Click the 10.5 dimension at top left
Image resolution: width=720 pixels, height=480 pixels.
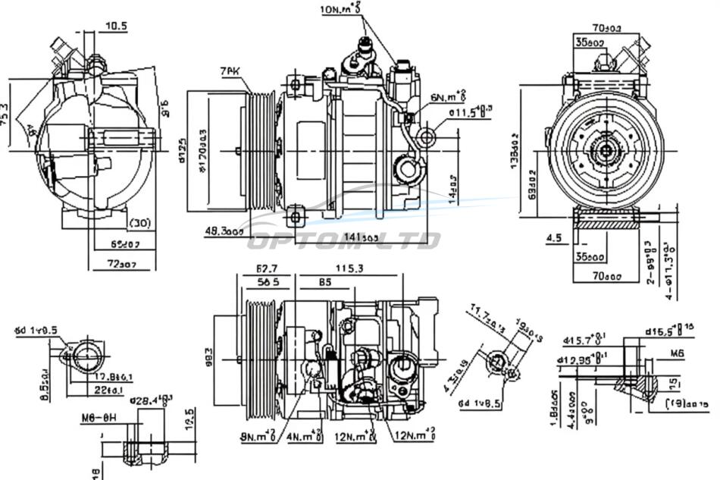pyautogui.click(x=116, y=26)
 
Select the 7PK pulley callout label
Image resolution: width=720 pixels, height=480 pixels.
pyautogui.click(x=230, y=71)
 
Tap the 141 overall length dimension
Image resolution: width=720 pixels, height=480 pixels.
pyautogui.click(x=361, y=237)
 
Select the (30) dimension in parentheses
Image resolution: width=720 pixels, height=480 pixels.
pyautogui.click(x=139, y=223)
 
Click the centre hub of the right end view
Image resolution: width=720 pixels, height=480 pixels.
pyautogui.click(x=606, y=150)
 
